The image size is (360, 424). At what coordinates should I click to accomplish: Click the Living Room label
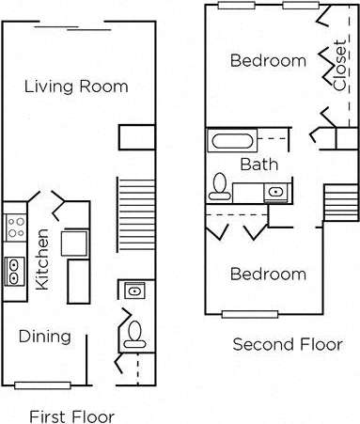[76, 86]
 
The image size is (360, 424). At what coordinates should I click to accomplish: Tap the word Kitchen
[41, 260]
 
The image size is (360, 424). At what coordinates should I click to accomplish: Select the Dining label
[43, 337]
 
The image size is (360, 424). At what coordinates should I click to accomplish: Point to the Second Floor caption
[288, 344]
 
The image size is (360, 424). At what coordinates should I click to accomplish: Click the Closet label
[338, 65]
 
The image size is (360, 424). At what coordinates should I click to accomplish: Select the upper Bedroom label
[268, 61]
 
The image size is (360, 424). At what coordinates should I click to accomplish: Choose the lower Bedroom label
[268, 275]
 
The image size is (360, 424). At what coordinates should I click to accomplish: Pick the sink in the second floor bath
[275, 193]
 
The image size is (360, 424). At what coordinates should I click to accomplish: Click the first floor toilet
[133, 332]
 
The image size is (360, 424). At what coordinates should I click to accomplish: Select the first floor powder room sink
[133, 291]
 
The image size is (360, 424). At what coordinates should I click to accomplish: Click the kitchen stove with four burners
[16, 226]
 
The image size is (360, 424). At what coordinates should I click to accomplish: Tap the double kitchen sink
[15, 271]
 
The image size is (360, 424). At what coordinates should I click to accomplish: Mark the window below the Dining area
[41, 384]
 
